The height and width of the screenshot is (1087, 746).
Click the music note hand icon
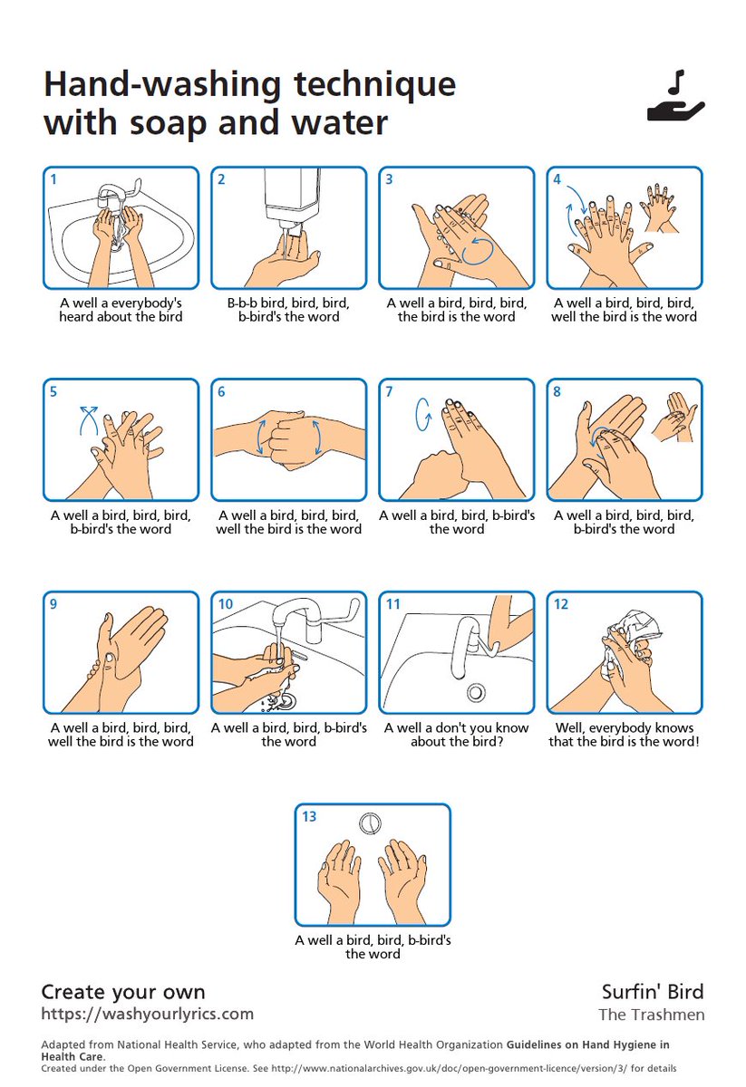point(675,97)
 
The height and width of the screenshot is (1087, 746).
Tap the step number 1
point(53,179)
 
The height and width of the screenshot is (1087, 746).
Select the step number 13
point(309,816)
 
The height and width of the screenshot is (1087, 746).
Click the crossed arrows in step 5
point(89,420)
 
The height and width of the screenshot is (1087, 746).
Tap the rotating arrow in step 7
point(422,415)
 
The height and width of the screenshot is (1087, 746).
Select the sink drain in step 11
point(476,691)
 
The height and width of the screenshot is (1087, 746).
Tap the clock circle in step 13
point(370,823)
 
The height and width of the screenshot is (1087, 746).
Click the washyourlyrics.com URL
point(147,1014)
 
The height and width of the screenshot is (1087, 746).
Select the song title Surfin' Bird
point(653,992)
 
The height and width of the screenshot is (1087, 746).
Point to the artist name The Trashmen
point(652,1015)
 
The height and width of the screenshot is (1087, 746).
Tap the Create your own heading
point(123,992)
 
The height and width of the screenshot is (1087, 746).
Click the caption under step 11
point(457,735)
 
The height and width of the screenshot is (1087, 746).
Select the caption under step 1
point(121,310)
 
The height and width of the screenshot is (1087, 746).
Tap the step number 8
point(557,391)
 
